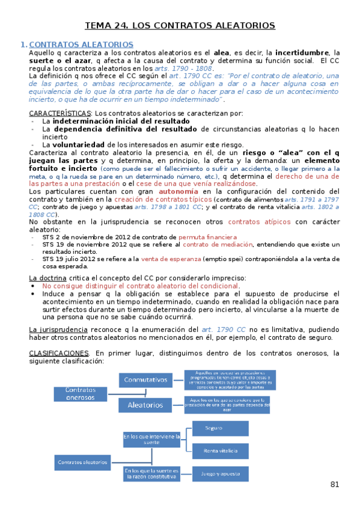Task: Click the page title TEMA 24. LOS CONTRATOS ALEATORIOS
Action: (x=180, y=25)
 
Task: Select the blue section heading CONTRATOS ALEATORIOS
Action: (x=81, y=45)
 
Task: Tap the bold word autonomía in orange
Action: (x=178, y=191)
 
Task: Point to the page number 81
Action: (x=335, y=484)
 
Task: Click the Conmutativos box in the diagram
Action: (x=145, y=380)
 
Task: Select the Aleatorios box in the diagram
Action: (x=145, y=405)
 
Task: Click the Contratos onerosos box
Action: (x=81, y=393)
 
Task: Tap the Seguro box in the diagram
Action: (x=219, y=428)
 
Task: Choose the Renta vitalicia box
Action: (x=219, y=450)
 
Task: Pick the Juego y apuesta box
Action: (x=219, y=473)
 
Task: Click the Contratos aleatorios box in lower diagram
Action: (x=82, y=462)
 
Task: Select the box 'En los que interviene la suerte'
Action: (x=151, y=439)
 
